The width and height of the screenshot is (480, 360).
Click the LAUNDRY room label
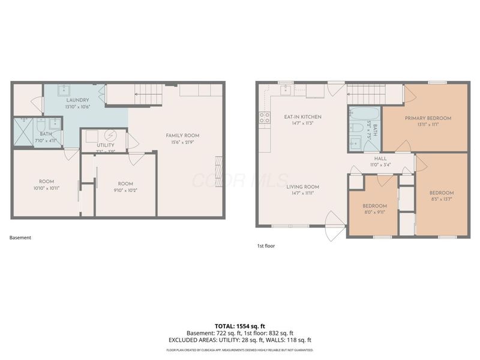(78, 100)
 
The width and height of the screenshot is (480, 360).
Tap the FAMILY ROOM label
(182, 136)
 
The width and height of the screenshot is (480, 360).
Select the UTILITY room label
(93, 146)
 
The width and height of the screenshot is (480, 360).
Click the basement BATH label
(46, 134)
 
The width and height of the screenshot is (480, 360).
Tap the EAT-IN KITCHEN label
(302, 116)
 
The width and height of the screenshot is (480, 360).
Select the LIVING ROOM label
(302, 187)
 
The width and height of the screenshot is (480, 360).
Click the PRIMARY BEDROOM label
(427, 118)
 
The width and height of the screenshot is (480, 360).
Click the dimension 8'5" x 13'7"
(440, 199)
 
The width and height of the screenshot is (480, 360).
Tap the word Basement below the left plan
(20, 238)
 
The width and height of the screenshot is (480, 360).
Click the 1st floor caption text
(266, 245)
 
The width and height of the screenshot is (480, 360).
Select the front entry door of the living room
(334, 228)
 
